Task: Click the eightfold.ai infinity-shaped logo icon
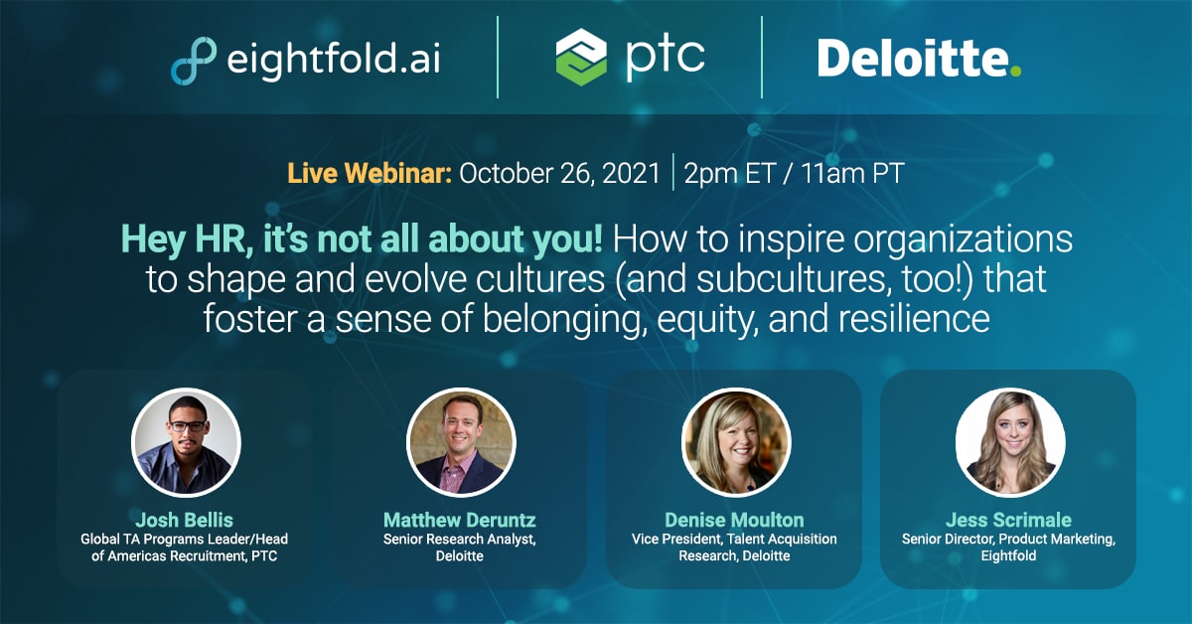click(x=194, y=61)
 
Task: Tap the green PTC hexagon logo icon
click(x=581, y=57)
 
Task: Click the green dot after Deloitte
click(x=1015, y=71)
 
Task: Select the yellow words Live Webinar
click(x=370, y=173)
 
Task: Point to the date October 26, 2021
click(x=559, y=174)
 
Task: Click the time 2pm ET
click(x=729, y=174)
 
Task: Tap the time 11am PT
click(x=852, y=173)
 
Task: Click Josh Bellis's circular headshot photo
click(x=186, y=442)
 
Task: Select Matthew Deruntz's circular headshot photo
click(x=461, y=442)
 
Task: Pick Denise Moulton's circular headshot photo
click(x=736, y=442)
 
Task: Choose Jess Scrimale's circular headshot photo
click(x=1010, y=442)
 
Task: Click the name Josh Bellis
click(x=184, y=520)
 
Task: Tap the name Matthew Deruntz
click(x=460, y=520)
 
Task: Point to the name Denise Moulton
click(x=734, y=520)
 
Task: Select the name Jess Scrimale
click(x=1008, y=520)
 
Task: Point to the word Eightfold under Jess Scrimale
click(x=1008, y=555)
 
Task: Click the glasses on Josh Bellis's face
click(x=188, y=426)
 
